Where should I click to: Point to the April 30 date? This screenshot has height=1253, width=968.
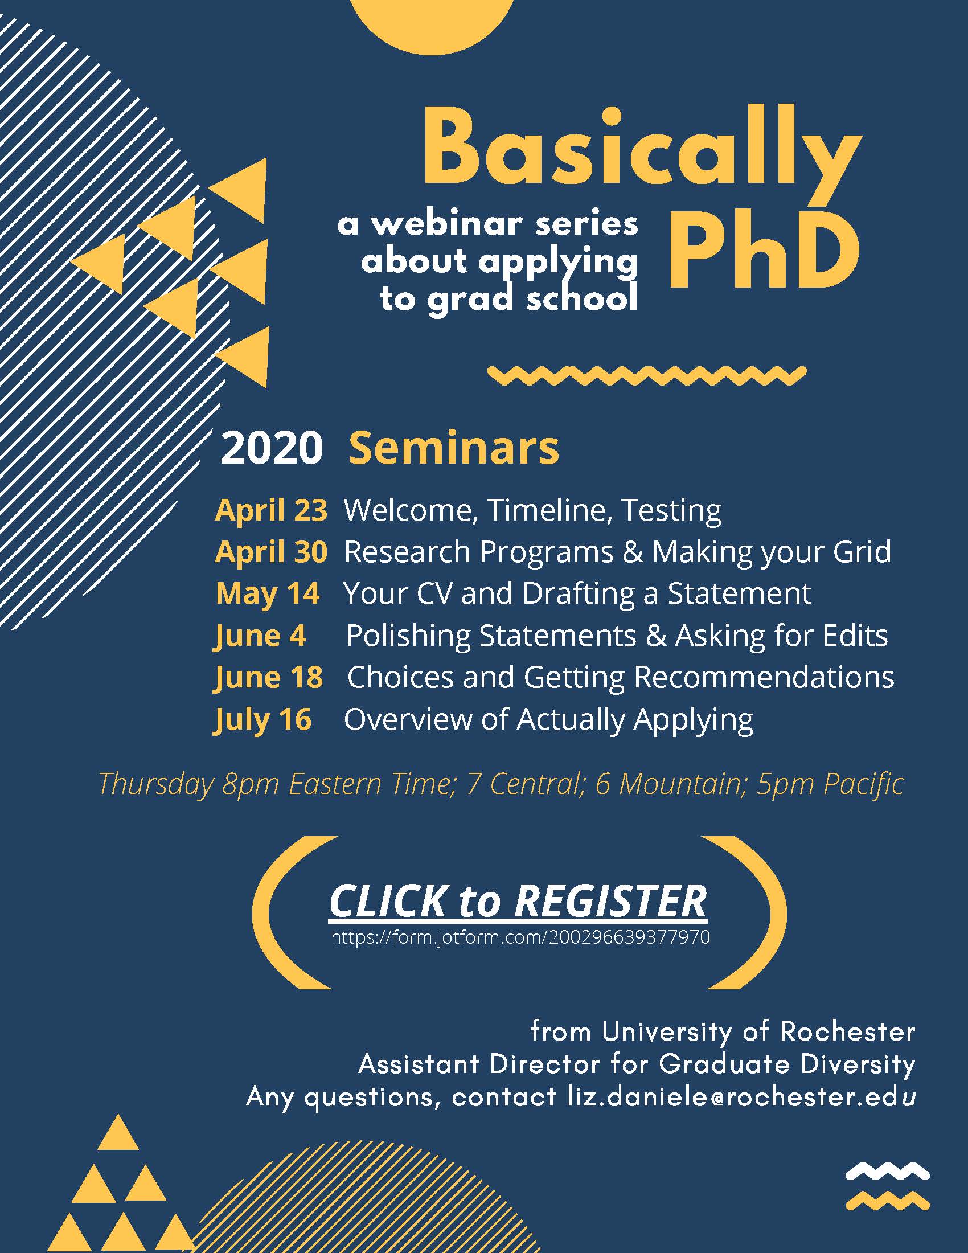pyautogui.click(x=271, y=551)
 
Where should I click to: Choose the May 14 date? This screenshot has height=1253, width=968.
pyautogui.click(x=267, y=593)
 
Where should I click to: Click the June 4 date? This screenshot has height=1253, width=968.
pyautogui.click(x=260, y=636)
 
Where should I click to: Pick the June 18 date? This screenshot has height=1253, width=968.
pyautogui.click(x=268, y=678)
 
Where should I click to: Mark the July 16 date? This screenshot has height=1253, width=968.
pyautogui.click(x=262, y=719)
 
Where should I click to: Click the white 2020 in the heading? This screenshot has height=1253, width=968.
pyautogui.click(x=271, y=448)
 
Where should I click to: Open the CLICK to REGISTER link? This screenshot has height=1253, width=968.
pyautogui.click(x=518, y=902)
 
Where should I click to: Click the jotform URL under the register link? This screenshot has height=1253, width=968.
pyautogui.click(x=520, y=937)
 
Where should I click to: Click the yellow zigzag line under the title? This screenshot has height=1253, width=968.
pyautogui.click(x=647, y=376)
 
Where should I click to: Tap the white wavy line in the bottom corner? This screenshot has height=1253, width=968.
pyautogui.click(x=888, y=1170)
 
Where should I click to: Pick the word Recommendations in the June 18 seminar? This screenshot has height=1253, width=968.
pyautogui.click(x=764, y=677)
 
